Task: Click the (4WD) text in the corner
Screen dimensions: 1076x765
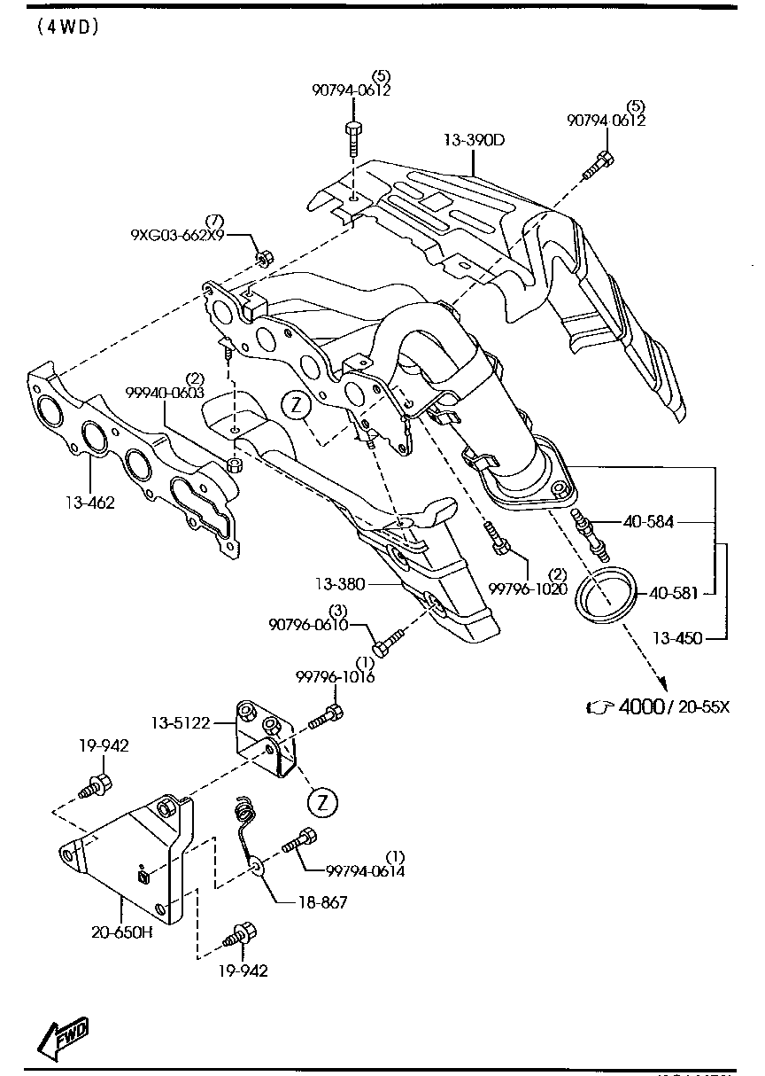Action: pos(67,27)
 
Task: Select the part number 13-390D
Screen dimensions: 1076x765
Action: pos(474,140)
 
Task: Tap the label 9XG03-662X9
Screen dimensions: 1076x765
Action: pos(177,236)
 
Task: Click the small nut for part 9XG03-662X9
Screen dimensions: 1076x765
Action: pos(263,258)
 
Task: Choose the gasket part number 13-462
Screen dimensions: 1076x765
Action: pos(89,503)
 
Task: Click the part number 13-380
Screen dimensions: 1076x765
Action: pos(339,584)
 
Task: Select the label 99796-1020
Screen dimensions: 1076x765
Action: pos(527,589)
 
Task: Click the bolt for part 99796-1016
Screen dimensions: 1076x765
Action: pos(327,716)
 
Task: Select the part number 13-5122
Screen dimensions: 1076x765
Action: pos(179,722)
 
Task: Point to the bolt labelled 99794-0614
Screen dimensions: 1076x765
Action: pos(298,840)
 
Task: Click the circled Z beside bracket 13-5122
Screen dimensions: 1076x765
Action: pos(322,802)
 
